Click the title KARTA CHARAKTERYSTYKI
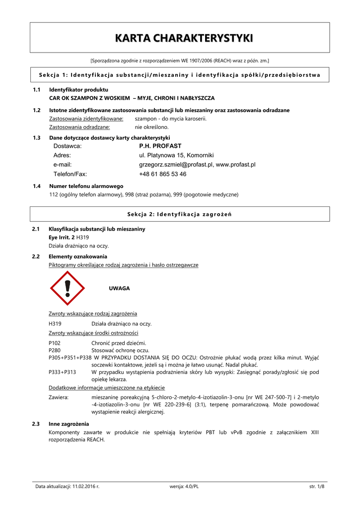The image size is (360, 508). click(x=180, y=38)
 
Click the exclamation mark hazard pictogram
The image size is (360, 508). click(x=68, y=288)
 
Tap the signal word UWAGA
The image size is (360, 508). click(x=119, y=288)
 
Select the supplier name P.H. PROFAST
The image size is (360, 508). click(x=160, y=146)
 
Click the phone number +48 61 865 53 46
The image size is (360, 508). click(x=163, y=174)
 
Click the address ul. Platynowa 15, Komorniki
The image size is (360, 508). click(x=176, y=155)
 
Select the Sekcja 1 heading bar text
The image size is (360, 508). click(x=180, y=75)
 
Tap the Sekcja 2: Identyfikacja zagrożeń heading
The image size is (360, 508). click(x=180, y=214)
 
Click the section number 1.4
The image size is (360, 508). click(x=36, y=186)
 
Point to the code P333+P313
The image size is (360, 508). click(x=63, y=372)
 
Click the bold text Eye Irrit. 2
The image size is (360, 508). click(x=62, y=238)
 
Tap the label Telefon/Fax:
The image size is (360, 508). click(x=70, y=174)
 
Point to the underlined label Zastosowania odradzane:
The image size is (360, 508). click(x=79, y=127)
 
